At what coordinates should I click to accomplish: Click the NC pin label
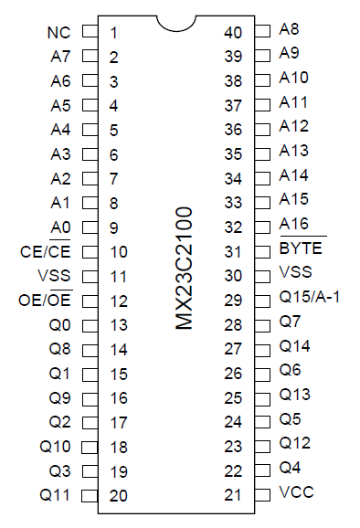coord(58,33)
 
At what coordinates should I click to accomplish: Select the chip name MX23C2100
coord(185,266)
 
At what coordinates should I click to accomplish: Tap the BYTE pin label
coord(301,248)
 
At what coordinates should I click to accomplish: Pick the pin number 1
coord(113,33)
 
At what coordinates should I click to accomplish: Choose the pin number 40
coord(233,33)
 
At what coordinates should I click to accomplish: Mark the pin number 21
coord(233,494)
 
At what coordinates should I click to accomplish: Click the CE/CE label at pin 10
coord(47,251)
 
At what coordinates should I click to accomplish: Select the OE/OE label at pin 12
coord(47,301)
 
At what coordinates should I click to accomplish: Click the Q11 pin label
coord(55,495)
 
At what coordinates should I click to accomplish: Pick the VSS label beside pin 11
coord(55,276)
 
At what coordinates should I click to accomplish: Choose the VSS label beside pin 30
coord(296,273)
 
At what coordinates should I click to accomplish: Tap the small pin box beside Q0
coord(90,324)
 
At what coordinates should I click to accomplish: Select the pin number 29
coord(233,300)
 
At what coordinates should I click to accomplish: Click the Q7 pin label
coord(291,322)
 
